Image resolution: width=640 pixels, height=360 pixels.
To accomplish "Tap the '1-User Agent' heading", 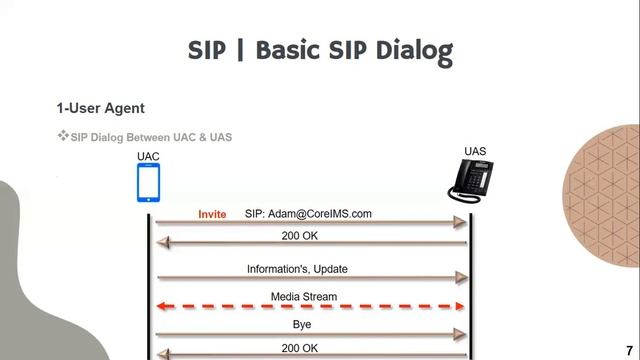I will [100, 107].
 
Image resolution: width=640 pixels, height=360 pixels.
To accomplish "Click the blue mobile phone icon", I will [149, 183].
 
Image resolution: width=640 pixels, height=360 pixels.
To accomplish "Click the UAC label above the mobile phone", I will [148, 157].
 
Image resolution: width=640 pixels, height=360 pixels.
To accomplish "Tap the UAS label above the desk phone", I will [475, 151].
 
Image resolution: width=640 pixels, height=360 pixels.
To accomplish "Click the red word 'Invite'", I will [212, 213].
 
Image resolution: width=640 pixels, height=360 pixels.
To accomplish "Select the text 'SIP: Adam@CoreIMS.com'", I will [308, 213].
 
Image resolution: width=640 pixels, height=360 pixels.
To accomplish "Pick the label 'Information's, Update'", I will [297, 269].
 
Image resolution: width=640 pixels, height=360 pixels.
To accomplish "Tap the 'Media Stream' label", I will [304, 296].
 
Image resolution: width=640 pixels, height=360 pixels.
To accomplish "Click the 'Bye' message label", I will [303, 324].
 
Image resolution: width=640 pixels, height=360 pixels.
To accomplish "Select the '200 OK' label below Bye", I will [299, 347].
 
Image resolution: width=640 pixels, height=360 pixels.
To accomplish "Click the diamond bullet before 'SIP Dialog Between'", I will [62, 136].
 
